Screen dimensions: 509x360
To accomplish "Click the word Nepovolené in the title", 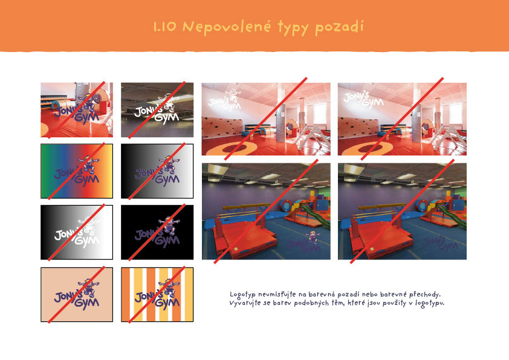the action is tap(227, 26).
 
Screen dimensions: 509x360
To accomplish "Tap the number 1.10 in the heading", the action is tap(164, 27).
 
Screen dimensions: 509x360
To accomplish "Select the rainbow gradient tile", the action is tap(77, 171).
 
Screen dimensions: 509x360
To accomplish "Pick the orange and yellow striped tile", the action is tap(157, 295).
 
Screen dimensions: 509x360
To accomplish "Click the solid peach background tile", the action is tap(77, 295).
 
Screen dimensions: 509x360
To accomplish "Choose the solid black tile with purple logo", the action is tap(157, 232).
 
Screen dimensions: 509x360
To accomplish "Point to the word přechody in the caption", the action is tap(424, 295).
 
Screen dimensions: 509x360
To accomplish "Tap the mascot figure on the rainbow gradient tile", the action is tap(88, 164).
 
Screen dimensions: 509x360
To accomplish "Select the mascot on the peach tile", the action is tap(88, 288).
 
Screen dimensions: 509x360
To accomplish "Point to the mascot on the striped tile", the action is tap(169, 288).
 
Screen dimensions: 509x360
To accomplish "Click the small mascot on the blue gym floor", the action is tap(312, 237).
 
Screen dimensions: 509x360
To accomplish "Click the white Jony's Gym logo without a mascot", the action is tap(363, 99).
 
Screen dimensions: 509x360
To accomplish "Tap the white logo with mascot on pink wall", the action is tap(225, 100).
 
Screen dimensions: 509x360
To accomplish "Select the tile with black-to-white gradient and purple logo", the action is tap(157, 171).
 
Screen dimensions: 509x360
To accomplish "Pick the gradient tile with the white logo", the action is tap(77, 232).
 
